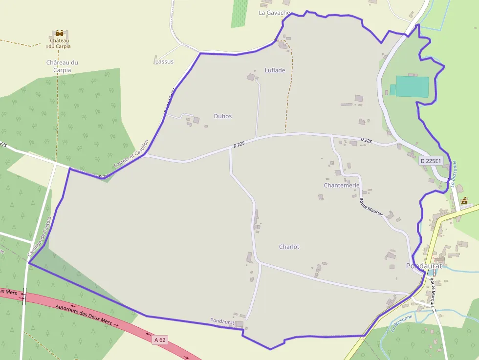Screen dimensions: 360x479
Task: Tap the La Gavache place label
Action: coord(274,13)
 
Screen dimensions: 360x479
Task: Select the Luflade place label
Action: coord(275,70)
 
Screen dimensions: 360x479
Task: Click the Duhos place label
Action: coord(222,116)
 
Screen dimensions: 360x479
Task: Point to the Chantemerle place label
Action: coord(341,186)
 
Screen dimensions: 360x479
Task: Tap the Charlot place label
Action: coord(289,247)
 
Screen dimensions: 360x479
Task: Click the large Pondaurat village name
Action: coord(424,266)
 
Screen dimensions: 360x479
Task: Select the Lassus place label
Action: coord(164,62)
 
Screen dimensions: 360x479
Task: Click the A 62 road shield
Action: coord(159,339)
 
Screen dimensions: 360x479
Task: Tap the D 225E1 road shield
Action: coord(431,160)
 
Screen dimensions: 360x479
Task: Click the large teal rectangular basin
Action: coord(412,86)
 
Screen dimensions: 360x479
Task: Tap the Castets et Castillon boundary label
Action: coord(131,154)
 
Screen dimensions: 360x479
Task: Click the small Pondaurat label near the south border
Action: coord(222,321)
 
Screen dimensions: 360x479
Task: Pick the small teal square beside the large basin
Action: coord(392,90)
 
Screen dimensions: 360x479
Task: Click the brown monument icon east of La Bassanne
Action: coord(464,200)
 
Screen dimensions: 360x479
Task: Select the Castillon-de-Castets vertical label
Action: coord(39,238)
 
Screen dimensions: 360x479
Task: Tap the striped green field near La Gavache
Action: coord(239,13)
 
